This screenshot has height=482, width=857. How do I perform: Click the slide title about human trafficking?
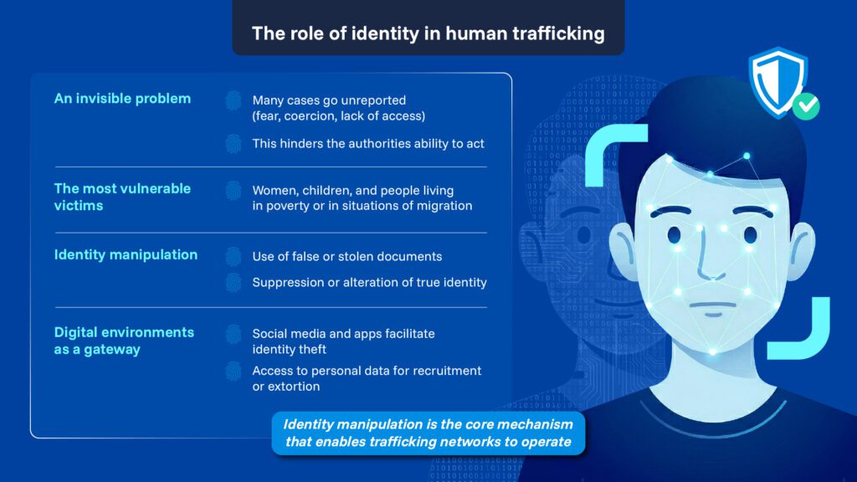pyautogui.click(x=428, y=33)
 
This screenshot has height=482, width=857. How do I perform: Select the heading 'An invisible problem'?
pyautogui.click(x=122, y=99)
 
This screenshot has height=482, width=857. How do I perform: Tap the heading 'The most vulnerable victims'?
pyautogui.click(x=122, y=197)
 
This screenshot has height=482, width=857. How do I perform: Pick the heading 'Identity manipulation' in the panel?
pyautogui.click(x=126, y=254)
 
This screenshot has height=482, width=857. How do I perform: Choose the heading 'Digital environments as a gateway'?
pyautogui.click(x=124, y=341)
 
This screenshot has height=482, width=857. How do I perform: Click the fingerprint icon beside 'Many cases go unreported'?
pyautogui.click(x=233, y=100)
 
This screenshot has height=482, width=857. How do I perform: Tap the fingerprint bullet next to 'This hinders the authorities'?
pyautogui.click(x=233, y=144)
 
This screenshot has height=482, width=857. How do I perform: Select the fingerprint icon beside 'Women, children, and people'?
pyautogui.click(x=233, y=190)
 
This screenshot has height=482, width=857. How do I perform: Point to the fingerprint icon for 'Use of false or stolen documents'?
pyautogui.click(x=233, y=256)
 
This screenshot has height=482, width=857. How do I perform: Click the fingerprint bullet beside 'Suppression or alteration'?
pyautogui.click(x=233, y=283)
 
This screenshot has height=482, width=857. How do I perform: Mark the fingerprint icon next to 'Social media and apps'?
pyautogui.click(x=233, y=334)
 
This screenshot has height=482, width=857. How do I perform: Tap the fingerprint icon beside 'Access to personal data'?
pyautogui.click(x=233, y=371)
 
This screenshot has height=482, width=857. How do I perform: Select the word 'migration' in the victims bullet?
pyautogui.click(x=444, y=206)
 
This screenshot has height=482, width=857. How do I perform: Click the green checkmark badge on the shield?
pyautogui.click(x=807, y=106)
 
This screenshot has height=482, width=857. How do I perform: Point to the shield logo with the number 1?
pyautogui.click(x=777, y=80)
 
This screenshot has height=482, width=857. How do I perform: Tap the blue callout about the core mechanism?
pyautogui.click(x=428, y=433)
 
